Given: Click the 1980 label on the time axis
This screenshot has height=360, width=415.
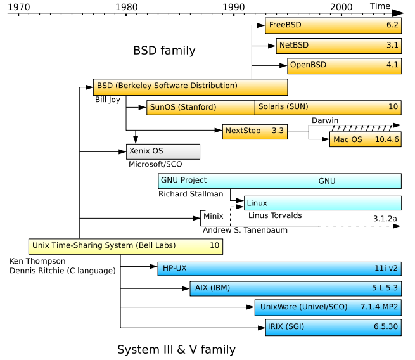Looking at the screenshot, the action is (x=127, y=7).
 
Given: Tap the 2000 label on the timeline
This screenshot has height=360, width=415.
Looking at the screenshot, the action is (x=341, y=7).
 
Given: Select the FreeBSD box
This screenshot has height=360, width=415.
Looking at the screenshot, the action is (x=333, y=25).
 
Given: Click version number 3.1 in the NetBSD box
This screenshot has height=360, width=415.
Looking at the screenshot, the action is (x=392, y=45).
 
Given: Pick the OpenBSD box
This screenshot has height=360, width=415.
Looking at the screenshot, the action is (x=344, y=66).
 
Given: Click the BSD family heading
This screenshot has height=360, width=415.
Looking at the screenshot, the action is (x=164, y=50).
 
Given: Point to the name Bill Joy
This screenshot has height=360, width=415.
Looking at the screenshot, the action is (x=108, y=100).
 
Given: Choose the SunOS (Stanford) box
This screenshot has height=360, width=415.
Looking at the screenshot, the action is (x=201, y=108).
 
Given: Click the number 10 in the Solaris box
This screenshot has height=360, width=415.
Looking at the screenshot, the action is (x=393, y=106).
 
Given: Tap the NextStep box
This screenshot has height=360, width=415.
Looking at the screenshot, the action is (x=255, y=132).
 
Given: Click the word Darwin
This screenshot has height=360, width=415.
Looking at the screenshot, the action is (x=325, y=120).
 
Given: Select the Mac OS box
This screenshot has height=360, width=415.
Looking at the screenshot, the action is (x=366, y=139).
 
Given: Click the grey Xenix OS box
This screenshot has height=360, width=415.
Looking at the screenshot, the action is (x=163, y=151).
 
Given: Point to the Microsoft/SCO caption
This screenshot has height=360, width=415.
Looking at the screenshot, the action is (x=155, y=164).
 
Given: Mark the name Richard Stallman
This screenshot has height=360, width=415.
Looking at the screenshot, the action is (x=191, y=194).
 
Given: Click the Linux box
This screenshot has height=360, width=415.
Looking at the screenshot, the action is (x=322, y=203).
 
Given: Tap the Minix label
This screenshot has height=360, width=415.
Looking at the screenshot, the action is (x=214, y=216).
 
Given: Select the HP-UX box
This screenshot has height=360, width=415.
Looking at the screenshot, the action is (x=279, y=269).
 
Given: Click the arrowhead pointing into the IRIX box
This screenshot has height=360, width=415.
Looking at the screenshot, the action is (x=262, y=328).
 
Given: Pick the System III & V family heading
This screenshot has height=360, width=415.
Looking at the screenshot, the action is (x=176, y=350).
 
